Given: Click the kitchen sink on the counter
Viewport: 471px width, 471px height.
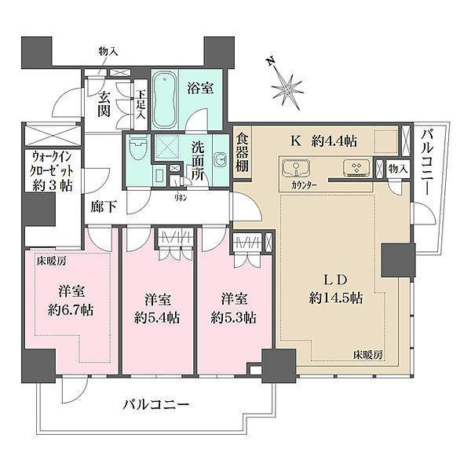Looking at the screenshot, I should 293,169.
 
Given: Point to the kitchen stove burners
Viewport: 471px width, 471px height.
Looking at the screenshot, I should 356,169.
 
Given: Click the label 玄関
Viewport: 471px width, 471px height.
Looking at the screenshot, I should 103,104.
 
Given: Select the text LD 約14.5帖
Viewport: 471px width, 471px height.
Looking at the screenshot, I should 333,288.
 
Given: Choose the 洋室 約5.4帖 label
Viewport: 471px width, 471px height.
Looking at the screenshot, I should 156,309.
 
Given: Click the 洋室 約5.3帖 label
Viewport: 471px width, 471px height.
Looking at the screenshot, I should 232,308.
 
